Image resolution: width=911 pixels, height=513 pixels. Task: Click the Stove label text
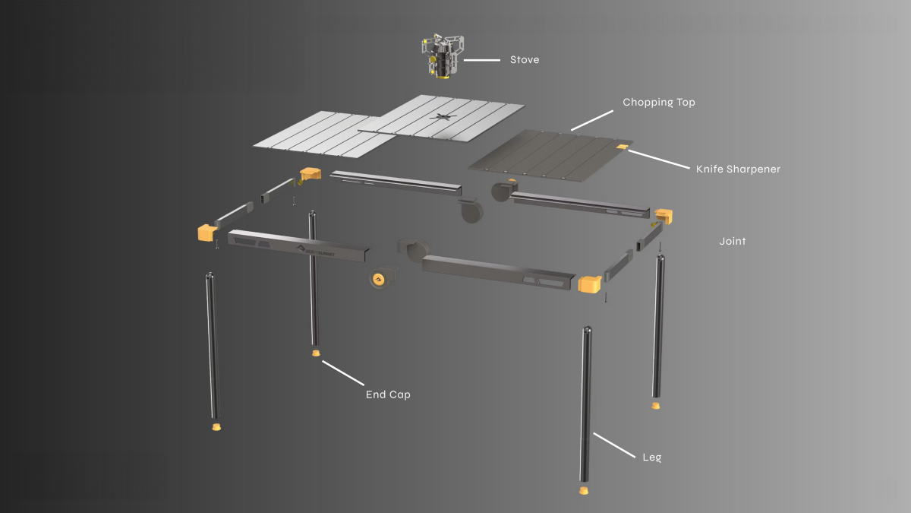(x=525, y=60)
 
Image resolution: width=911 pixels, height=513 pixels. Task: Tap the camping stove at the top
(x=443, y=56)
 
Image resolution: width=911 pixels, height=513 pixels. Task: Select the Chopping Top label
(x=659, y=102)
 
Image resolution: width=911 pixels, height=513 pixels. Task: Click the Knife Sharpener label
(x=738, y=169)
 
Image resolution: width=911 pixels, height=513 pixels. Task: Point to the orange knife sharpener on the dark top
(x=623, y=147)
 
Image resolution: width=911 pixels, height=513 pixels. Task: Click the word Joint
(x=733, y=241)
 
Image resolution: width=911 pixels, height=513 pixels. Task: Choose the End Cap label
(x=388, y=394)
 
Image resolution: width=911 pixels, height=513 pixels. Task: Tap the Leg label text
(x=652, y=458)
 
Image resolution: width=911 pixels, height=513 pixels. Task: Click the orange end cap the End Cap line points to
(x=316, y=353)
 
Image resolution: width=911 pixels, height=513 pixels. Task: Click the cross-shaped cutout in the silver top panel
(x=442, y=117)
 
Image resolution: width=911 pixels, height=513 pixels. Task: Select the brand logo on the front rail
(x=316, y=252)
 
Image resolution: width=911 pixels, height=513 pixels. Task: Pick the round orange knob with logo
(x=379, y=280)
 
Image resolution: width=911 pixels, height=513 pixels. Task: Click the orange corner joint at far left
(x=207, y=233)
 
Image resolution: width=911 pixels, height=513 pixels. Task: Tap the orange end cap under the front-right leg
(x=584, y=491)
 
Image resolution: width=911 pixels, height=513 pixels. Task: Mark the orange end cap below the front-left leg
(x=217, y=426)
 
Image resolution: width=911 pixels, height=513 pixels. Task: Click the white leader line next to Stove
(x=482, y=60)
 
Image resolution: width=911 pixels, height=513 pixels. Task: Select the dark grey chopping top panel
(x=550, y=155)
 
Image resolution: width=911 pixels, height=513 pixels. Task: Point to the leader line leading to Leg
(x=614, y=445)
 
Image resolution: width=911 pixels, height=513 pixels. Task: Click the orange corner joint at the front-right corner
(x=590, y=284)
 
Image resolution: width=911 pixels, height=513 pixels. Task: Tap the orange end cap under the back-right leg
(x=656, y=406)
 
